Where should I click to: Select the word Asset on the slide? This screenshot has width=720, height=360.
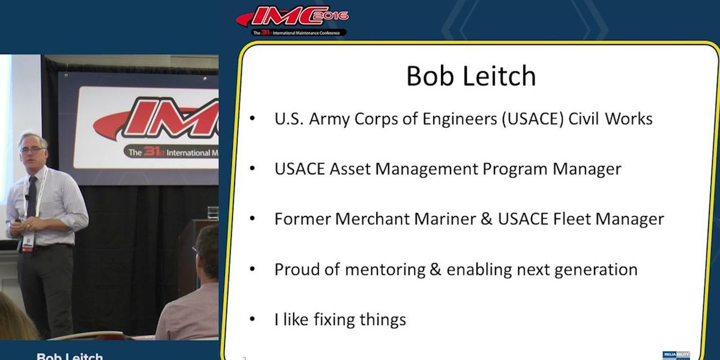pos(350,169)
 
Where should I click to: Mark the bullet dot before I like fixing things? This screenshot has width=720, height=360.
pos(253,319)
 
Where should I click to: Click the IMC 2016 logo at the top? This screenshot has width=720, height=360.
pos(292,20)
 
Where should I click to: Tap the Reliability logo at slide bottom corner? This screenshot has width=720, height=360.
pos(676,355)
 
